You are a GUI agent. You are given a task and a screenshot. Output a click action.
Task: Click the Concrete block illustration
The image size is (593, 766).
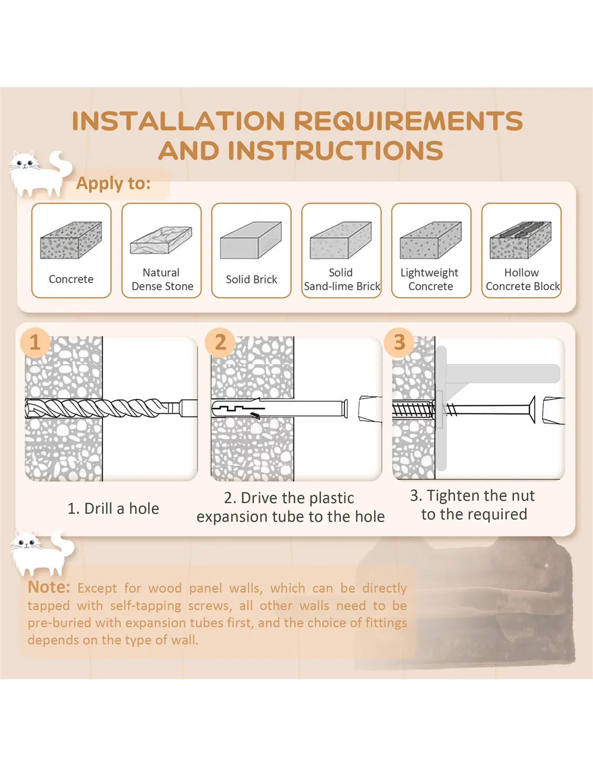tap(71, 240)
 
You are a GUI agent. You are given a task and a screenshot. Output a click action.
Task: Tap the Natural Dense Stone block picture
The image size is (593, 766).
tap(161, 240)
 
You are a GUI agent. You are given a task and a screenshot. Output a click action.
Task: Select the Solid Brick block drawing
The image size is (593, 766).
tap(251, 240)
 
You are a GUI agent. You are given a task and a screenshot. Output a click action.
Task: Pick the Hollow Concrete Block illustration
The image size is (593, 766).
tap(521, 240)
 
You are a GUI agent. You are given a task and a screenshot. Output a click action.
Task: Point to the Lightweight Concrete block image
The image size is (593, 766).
tap(431, 240)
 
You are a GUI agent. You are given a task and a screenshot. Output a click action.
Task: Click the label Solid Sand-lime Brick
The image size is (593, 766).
tap(341, 279)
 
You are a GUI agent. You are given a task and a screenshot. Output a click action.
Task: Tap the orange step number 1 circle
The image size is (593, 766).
tap(35, 342)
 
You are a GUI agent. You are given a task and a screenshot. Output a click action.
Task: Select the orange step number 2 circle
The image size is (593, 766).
tap(220, 342)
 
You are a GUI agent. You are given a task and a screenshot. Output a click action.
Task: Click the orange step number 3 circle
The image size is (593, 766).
tap(399, 342)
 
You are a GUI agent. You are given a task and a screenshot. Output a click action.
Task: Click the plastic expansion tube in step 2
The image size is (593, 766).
tap(279, 409)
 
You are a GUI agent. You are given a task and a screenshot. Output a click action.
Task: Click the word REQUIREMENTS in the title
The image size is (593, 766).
tap(408, 121)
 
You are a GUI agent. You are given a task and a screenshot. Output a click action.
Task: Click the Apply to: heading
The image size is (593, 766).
tap(113, 184)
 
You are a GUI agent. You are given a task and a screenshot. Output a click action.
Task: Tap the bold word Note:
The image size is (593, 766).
tap(49, 587)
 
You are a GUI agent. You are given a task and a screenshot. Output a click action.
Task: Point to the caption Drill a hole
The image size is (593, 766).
tap(122, 509)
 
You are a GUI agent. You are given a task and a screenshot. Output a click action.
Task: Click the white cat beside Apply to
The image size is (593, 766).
tap(40, 174)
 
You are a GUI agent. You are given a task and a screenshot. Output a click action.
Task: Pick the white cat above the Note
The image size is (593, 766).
tap(42, 553)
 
